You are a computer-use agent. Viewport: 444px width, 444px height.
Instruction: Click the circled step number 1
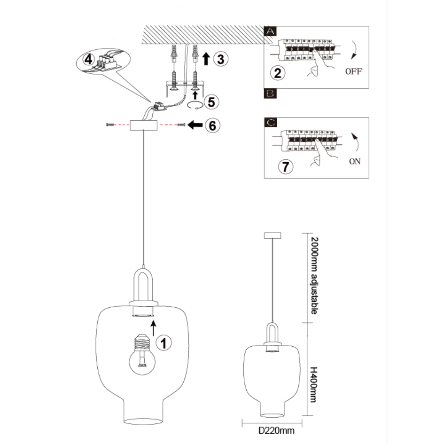click(x=164, y=343)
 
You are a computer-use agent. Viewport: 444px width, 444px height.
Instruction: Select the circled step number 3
click(x=220, y=59)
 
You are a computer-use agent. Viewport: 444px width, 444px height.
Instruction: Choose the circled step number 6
click(x=213, y=125)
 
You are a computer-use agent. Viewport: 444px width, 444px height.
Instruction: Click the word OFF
click(x=354, y=72)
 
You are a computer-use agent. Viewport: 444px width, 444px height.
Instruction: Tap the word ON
click(x=355, y=161)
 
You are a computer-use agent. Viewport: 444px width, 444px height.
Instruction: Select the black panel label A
click(x=270, y=31)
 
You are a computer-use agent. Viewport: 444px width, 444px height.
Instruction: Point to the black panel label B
click(x=270, y=93)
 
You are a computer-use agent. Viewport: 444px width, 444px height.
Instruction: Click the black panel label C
click(x=270, y=123)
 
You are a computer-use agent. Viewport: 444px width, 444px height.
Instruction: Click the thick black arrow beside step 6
click(x=195, y=125)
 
